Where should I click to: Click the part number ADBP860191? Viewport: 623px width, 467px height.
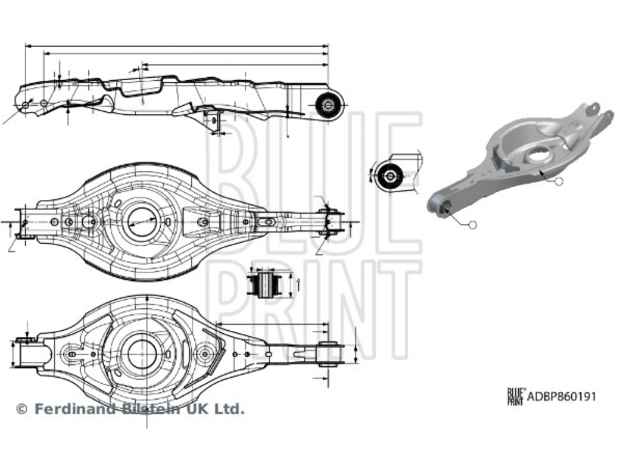[561, 396]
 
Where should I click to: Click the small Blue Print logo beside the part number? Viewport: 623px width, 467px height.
[515, 396]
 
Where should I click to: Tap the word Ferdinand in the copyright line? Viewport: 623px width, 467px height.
[75, 410]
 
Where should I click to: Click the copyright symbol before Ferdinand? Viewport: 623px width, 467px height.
[22, 410]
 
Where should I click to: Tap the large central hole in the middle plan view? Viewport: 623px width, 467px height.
[142, 222]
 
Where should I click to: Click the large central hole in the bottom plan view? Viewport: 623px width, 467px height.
[142, 354]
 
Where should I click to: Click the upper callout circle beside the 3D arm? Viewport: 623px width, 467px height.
[559, 181]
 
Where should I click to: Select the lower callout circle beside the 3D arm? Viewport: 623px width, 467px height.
[472, 225]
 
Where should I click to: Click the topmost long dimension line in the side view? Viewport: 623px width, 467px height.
[177, 45]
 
